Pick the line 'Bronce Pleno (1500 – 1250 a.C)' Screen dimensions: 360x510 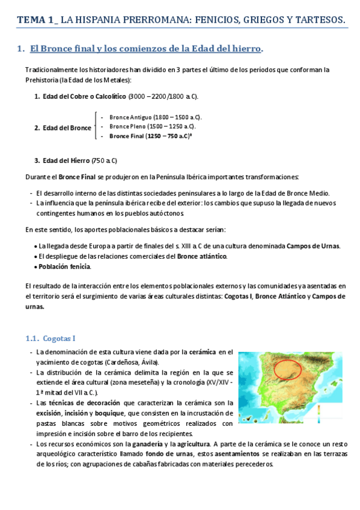pos(151,126)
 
